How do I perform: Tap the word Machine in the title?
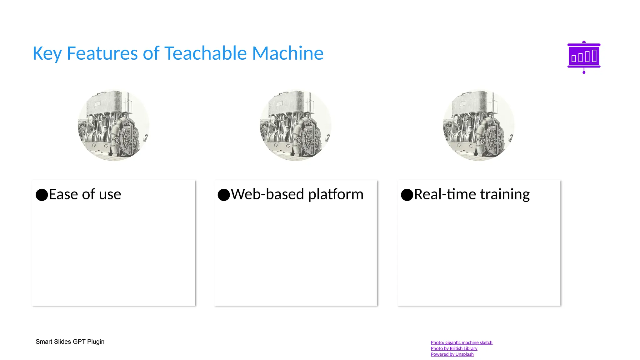pyautogui.click(x=287, y=53)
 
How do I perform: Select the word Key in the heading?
pyautogui.click(x=47, y=54)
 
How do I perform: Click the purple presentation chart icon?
pyautogui.click(x=584, y=57)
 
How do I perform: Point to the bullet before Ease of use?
pyautogui.click(x=42, y=195)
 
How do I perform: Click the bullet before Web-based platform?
pyautogui.click(x=224, y=195)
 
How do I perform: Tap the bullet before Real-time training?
pyautogui.click(x=407, y=195)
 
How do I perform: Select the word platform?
pyautogui.click(x=336, y=194)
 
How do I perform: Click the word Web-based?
pyautogui.click(x=267, y=194)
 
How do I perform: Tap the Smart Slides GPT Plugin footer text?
pyautogui.click(x=70, y=342)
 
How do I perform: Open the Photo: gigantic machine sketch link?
pyautogui.click(x=461, y=342)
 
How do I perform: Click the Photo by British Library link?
pyautogui.click(x=454, y=348)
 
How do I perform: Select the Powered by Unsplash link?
pyautogui.click(x=452, y=354)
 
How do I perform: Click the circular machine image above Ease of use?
pyautogui.click(x=113, y=125)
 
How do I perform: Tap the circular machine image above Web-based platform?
pyautogui.click(x=296, y=125)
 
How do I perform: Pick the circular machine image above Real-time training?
pyautogui.click(x=479, y=125)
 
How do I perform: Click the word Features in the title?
pyautogui.click(x=102, y=53)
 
